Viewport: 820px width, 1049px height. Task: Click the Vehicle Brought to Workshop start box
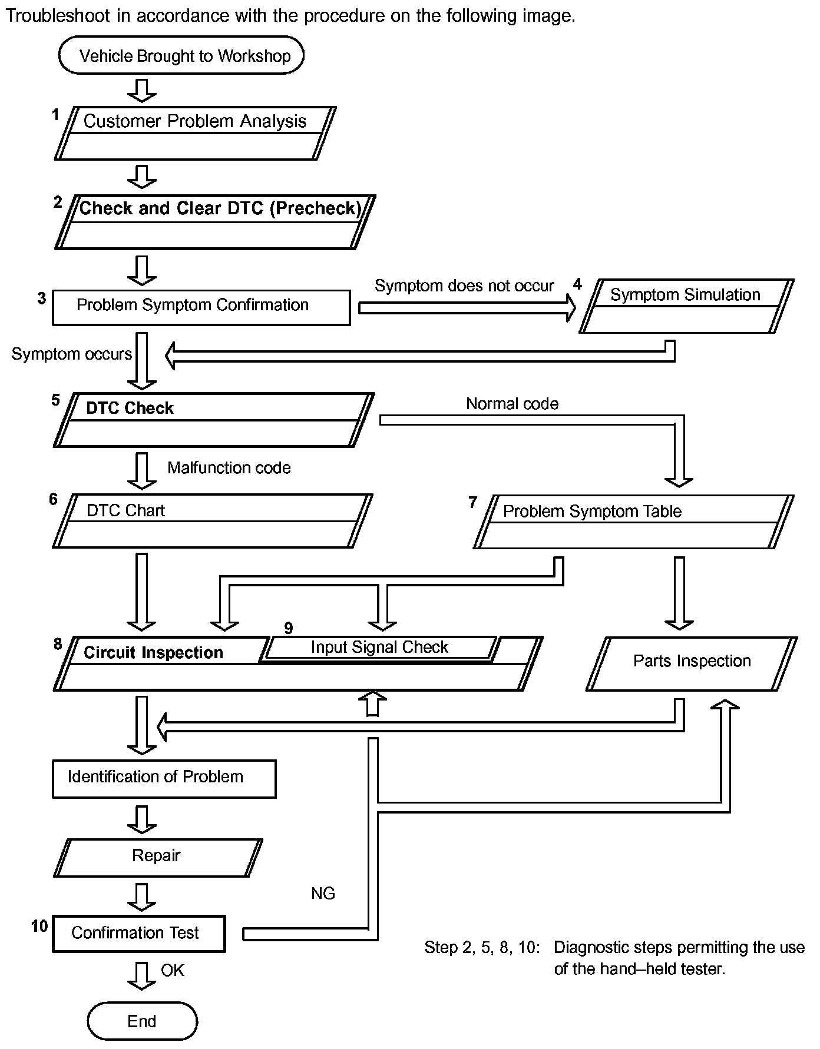[x=181, y=55]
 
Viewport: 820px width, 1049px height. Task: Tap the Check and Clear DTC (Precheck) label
[x=220, y=208]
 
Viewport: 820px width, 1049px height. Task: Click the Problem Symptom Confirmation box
[x=201, y=307]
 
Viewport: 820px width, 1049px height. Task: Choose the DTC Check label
[x=130, y=409]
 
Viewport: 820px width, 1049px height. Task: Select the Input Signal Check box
[x=379, y=648]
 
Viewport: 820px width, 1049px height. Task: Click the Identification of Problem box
[x=164, y=778]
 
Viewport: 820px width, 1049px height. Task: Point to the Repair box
[x=157, y=857]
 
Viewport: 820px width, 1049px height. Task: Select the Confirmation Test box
[x=138, y=934]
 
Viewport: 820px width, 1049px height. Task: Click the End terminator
[x=142, y=1021]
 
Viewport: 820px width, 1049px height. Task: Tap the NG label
[x=323, y=894]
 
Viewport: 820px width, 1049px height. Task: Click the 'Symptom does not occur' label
[x=464, y=286]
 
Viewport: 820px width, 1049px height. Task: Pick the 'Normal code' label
[x=512, y=404]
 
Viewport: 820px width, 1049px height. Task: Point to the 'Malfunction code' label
[x=229, y=468]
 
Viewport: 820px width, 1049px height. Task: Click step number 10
[x=39, y=927]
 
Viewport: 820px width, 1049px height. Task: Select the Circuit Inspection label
[x=153, y=653]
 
